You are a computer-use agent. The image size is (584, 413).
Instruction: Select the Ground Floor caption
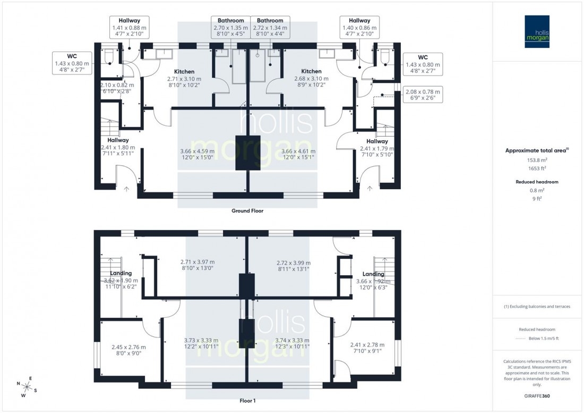click(247, 211)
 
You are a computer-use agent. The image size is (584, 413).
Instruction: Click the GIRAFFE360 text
click(538, 397)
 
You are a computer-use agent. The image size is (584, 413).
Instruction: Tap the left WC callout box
click(72, 63)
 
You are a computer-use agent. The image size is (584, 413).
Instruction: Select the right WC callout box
click(423, 64)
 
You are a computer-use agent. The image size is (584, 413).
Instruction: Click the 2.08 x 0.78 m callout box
click(423, 95)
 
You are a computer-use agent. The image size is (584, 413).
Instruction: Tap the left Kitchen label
click(184, 71)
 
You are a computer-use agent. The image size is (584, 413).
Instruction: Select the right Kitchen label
click(311, 71)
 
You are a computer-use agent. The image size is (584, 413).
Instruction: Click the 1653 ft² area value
click(538, 168)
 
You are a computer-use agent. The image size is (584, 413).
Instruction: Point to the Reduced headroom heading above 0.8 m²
click(538, 182)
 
